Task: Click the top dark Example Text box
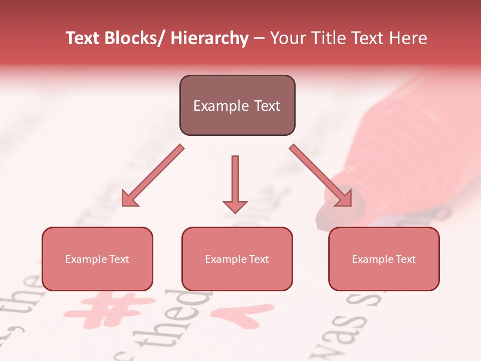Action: coord(237,105)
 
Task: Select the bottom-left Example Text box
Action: coord(97,259)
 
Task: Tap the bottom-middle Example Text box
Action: coord(237,259)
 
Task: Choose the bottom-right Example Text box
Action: coord(384,259)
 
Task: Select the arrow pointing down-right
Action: coord(321,176)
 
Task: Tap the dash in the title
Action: coord(259,39)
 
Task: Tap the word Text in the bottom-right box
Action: coord(405,259)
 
